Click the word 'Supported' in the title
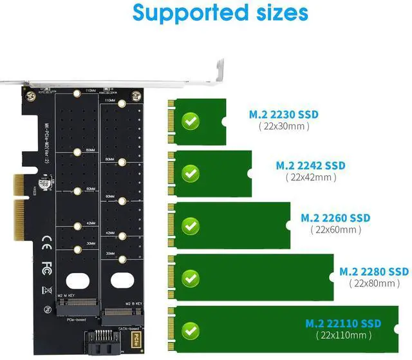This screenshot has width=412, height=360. point(174,13)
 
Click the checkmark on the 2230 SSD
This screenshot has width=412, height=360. point(190,121)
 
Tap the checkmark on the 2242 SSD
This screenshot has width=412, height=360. point(190,173)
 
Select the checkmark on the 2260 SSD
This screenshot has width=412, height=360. point(190,225)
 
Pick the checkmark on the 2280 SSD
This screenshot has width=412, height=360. point(190,278)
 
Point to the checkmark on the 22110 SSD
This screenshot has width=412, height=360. point(190,330)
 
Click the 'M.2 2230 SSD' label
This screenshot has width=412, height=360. point(284,115)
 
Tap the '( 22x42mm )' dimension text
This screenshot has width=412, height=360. point(311,177)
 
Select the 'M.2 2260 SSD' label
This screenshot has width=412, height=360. point(335,218)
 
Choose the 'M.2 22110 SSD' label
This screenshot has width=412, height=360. point(343,323)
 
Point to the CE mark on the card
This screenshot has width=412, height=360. point(46,243)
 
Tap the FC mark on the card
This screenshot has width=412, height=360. point(46,265)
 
